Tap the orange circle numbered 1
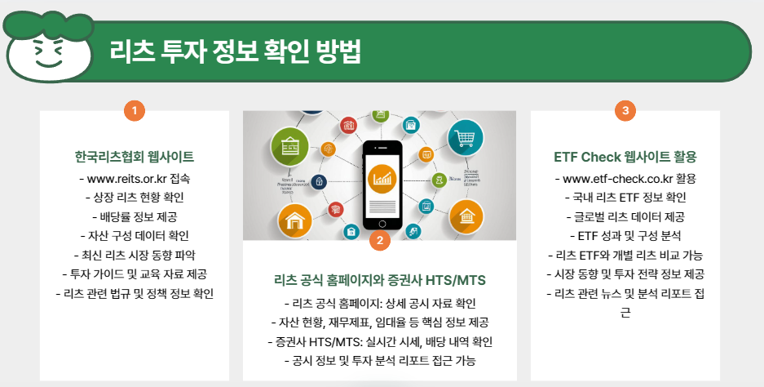pos(134,110)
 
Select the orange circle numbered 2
pos(379,240)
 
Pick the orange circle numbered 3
pos(625,110)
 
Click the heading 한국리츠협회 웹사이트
pos(134,156)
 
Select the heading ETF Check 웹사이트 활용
pos(625,156)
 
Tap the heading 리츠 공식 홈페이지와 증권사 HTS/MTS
pos(379,281)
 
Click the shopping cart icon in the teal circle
pos(466,136)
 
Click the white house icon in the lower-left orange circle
pos(294,220)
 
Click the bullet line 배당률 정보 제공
pos(134,216)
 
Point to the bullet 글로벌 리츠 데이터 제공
pos(625,216)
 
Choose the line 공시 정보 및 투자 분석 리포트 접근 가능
pos(379,360)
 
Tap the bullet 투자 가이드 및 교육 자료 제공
pos(134,274)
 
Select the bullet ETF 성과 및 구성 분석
pos(625,236)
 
